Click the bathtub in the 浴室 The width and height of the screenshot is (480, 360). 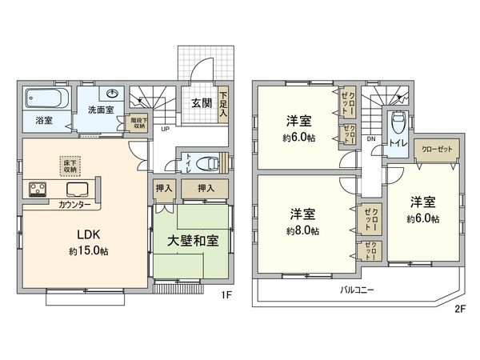pos(46,100)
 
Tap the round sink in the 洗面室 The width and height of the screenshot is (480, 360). pos(114,94)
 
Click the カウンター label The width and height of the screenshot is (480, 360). pos(74,205)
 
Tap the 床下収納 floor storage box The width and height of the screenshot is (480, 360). pos(70,166)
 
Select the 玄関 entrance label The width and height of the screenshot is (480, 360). pos(201,102)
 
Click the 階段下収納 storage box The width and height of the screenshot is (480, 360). pos(138,123)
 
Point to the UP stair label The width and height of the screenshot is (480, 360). pos(165,129)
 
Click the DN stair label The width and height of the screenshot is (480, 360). pos(370,138)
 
